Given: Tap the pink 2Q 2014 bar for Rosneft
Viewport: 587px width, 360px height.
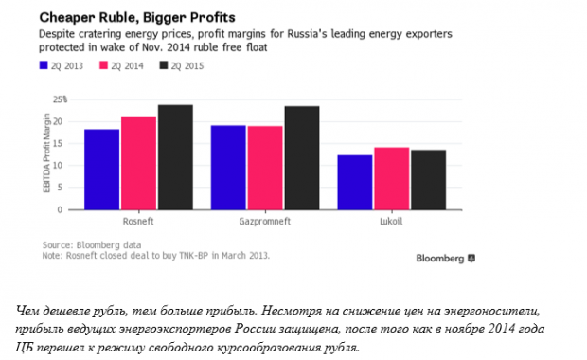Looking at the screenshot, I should click(x=138, y=163).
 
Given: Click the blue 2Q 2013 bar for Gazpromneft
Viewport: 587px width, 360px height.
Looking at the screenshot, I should click(x=228, y=167).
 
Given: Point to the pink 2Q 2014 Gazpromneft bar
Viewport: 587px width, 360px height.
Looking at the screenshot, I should click(x=264, y=168).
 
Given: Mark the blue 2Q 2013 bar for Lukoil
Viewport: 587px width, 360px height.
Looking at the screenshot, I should click(x=354, y=182).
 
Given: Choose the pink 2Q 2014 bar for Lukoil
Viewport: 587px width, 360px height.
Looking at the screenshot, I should click(x=391, y=178).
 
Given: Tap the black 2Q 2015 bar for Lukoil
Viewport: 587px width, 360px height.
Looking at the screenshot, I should click(x=427, y=179).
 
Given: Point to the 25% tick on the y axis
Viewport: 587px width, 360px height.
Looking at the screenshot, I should click(x=59, y=99).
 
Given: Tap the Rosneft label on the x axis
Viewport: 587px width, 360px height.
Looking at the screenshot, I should click(x=138, y=220).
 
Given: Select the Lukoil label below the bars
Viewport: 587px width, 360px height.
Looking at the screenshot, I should click(x=390, y=220).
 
